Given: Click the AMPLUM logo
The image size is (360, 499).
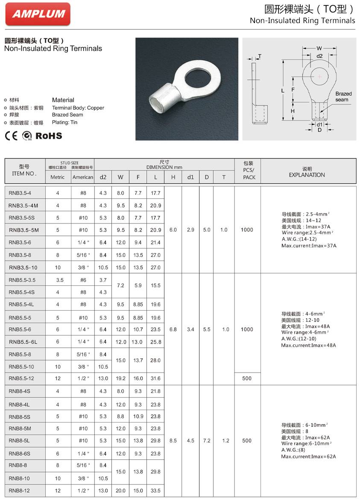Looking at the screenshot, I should point(38,14).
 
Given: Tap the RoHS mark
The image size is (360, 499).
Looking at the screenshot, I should point(48,136).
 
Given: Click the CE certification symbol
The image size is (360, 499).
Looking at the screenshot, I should point(11,136).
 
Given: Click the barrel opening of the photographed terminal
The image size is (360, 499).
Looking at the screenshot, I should point(157,103).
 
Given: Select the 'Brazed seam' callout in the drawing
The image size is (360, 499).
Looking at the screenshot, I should point(343,97).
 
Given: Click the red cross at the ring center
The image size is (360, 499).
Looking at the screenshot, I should point(319,76).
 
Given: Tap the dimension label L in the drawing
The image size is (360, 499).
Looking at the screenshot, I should point(283,91).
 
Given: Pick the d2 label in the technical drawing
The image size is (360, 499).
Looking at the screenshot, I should point(319,56).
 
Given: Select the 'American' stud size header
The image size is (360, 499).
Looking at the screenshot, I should point(83,177).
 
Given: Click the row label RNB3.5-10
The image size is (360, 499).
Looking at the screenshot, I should point(23,267).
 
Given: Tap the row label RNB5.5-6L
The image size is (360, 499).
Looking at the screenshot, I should point(23,342).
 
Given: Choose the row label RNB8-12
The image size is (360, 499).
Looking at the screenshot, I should point(20,490).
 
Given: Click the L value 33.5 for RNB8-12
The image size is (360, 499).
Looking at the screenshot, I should point(155,490).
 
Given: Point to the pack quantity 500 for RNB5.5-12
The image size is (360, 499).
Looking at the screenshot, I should point(247,378).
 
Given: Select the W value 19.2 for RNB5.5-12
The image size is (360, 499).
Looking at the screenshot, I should point(121,378).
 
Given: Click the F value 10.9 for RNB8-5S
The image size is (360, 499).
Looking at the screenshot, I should point(138,416).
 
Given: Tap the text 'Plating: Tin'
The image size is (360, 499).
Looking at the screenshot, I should point(65,122).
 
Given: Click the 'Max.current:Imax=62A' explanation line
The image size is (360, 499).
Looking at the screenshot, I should point(308,456).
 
